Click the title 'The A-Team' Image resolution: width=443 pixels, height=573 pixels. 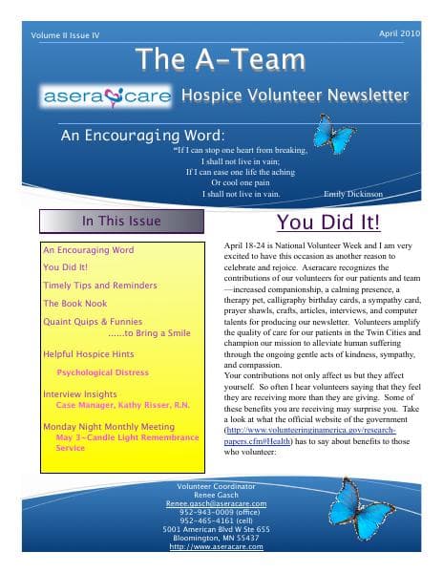click(x=221, y=59)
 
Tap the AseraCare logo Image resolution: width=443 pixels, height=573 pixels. click(x=106, y=96)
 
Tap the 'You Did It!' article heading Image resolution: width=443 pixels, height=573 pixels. click(x=327, y=223)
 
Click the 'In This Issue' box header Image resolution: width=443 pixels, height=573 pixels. click(x=121, y=222)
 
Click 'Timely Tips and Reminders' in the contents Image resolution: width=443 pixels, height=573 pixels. click(x=100, y=286)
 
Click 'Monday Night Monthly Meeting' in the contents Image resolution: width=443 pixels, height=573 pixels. click(x=108, y=426)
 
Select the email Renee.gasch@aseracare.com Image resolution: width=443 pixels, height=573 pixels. click(x=217, y=503)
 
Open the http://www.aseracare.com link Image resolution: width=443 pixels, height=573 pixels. click(x=217, y=546)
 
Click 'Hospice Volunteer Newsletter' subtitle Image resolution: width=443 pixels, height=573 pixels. click(x=296, y=95)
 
